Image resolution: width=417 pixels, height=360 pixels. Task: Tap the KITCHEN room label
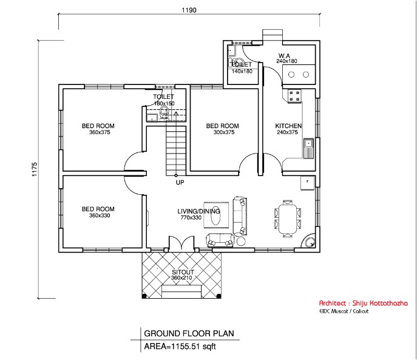[288, 126]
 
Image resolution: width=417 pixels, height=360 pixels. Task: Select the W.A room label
[284, 55]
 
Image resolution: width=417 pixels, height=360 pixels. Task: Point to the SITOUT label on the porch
[182, 271]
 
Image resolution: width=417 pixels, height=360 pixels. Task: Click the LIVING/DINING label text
[194, 211]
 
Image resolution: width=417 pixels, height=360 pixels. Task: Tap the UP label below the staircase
[180, 182]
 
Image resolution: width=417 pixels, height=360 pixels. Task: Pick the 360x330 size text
[98, 216]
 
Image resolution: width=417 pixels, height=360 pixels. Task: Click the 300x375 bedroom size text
[222, 132]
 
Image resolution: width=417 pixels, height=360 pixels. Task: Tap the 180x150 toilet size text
[164, 103]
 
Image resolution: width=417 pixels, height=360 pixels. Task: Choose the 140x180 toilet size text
[242, 71]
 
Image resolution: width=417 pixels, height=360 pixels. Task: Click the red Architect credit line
[364, 303]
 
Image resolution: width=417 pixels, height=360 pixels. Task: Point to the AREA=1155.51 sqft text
[180, 347]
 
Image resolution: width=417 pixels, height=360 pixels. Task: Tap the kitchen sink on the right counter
[308, 146]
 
